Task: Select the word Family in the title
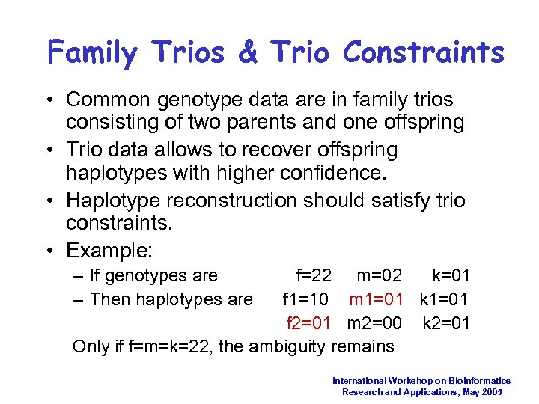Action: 93,53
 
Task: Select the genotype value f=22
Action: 314,276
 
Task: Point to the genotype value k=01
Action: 451,276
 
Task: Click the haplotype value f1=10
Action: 305,300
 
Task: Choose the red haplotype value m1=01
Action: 377,300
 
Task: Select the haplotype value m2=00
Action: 374,323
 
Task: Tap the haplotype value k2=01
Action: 445,323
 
